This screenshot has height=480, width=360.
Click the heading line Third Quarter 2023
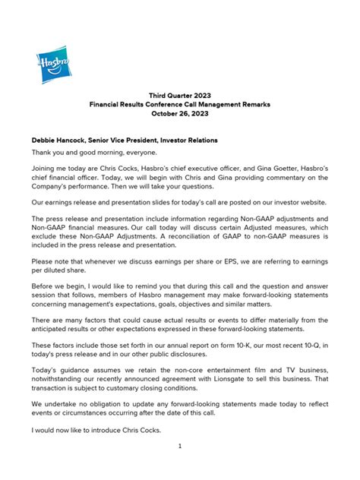click(x=180, y=96)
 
